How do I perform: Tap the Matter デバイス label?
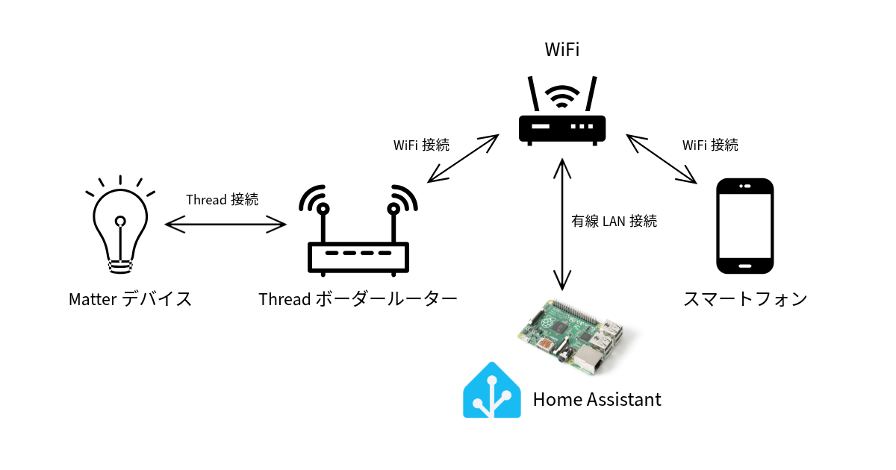(x=131, y=299)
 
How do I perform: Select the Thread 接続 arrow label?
(x=222, y=200)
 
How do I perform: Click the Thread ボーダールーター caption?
(x=358, y=299)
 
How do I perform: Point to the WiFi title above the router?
(x=562, y=50)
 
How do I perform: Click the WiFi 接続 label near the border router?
(x=421, y=145)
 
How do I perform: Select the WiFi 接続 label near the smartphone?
(x=710, y=145)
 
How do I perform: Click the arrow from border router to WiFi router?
(x=463, y=159)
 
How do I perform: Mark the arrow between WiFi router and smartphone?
(x=661, y=159)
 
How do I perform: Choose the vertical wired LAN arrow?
(x=562, y=224)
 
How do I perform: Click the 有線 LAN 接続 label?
(x=613, y=222)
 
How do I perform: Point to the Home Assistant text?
(x=597, y=400)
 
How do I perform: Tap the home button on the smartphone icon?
(x=744, y=264)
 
